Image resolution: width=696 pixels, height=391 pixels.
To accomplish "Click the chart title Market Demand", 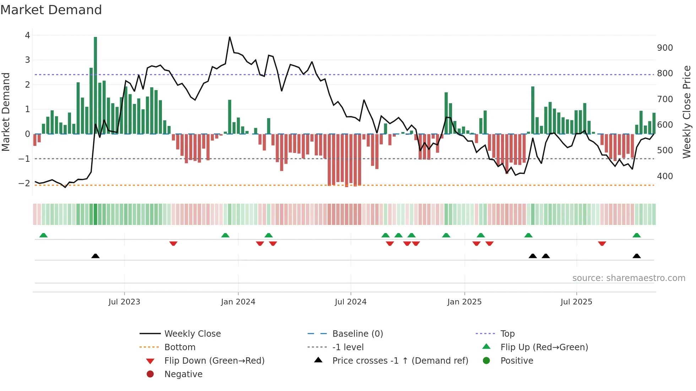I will pyautogui.click(x=51, y=10).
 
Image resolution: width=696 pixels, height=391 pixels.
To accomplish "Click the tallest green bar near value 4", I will pyautogui.click(x=95, y=85).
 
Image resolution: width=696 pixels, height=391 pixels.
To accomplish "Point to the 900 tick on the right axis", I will pyautogui.click(x=665, y=48).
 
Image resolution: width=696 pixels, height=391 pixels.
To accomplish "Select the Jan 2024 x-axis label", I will pyautogui.click(x=238, y=302).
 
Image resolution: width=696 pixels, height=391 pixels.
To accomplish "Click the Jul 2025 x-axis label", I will pyautogui.click(x=576, y=302).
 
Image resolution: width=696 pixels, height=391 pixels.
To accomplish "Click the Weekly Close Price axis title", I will pyautogui.click(x=687, y=112).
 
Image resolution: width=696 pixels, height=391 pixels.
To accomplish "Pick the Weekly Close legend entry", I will pyautogui.click(x=192, y=334).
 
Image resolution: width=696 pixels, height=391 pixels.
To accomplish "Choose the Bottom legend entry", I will pyautogui.click(x=180, y=347).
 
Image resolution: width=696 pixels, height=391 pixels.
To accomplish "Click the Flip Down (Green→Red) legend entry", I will pyautogui.click(x=214, y=361).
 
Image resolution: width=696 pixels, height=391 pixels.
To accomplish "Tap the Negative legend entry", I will pyautogui.click(x=183, y=374).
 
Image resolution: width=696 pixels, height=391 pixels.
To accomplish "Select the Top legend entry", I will pyautogui.click(x=507, y=334).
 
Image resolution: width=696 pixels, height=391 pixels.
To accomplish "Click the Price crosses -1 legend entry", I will pyautogui.click(x=400, y=361).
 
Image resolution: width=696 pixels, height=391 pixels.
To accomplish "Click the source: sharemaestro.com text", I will pyautogui.click(x=629, y=278).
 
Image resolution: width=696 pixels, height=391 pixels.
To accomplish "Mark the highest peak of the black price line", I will pyautogui.click(x=230, y=37).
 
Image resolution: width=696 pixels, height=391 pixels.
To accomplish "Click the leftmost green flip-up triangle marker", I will pyautogui.click(x=43, y=235).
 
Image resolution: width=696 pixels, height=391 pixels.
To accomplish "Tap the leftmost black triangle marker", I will pyautogui.click(x=95, y=256).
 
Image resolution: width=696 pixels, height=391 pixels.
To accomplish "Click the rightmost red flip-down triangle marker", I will pyautogui.click(x=602, y=243).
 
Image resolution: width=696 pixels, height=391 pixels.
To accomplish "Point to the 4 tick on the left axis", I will pyautogui.click(x=27, y=35).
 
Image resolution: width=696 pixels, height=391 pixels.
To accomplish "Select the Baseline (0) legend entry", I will pyautogui.click(x=357, y=334).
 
